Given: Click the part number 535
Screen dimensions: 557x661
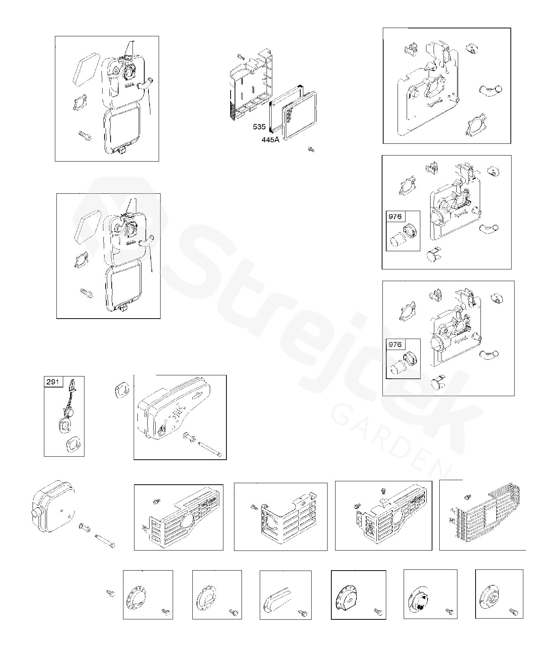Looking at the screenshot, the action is [x=259, y=127].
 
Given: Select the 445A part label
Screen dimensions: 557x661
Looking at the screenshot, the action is [x=270, y=140].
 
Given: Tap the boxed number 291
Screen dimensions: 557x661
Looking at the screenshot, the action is [x=53, y=381].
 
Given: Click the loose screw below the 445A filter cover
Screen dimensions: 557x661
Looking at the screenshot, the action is [x=311, y=150].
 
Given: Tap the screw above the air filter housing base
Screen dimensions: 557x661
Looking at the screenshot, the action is [x=241, y=57].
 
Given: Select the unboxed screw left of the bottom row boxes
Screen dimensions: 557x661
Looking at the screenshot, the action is [x=111, y=593].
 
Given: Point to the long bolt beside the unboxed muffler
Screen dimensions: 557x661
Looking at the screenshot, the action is [x=106, y=540].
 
